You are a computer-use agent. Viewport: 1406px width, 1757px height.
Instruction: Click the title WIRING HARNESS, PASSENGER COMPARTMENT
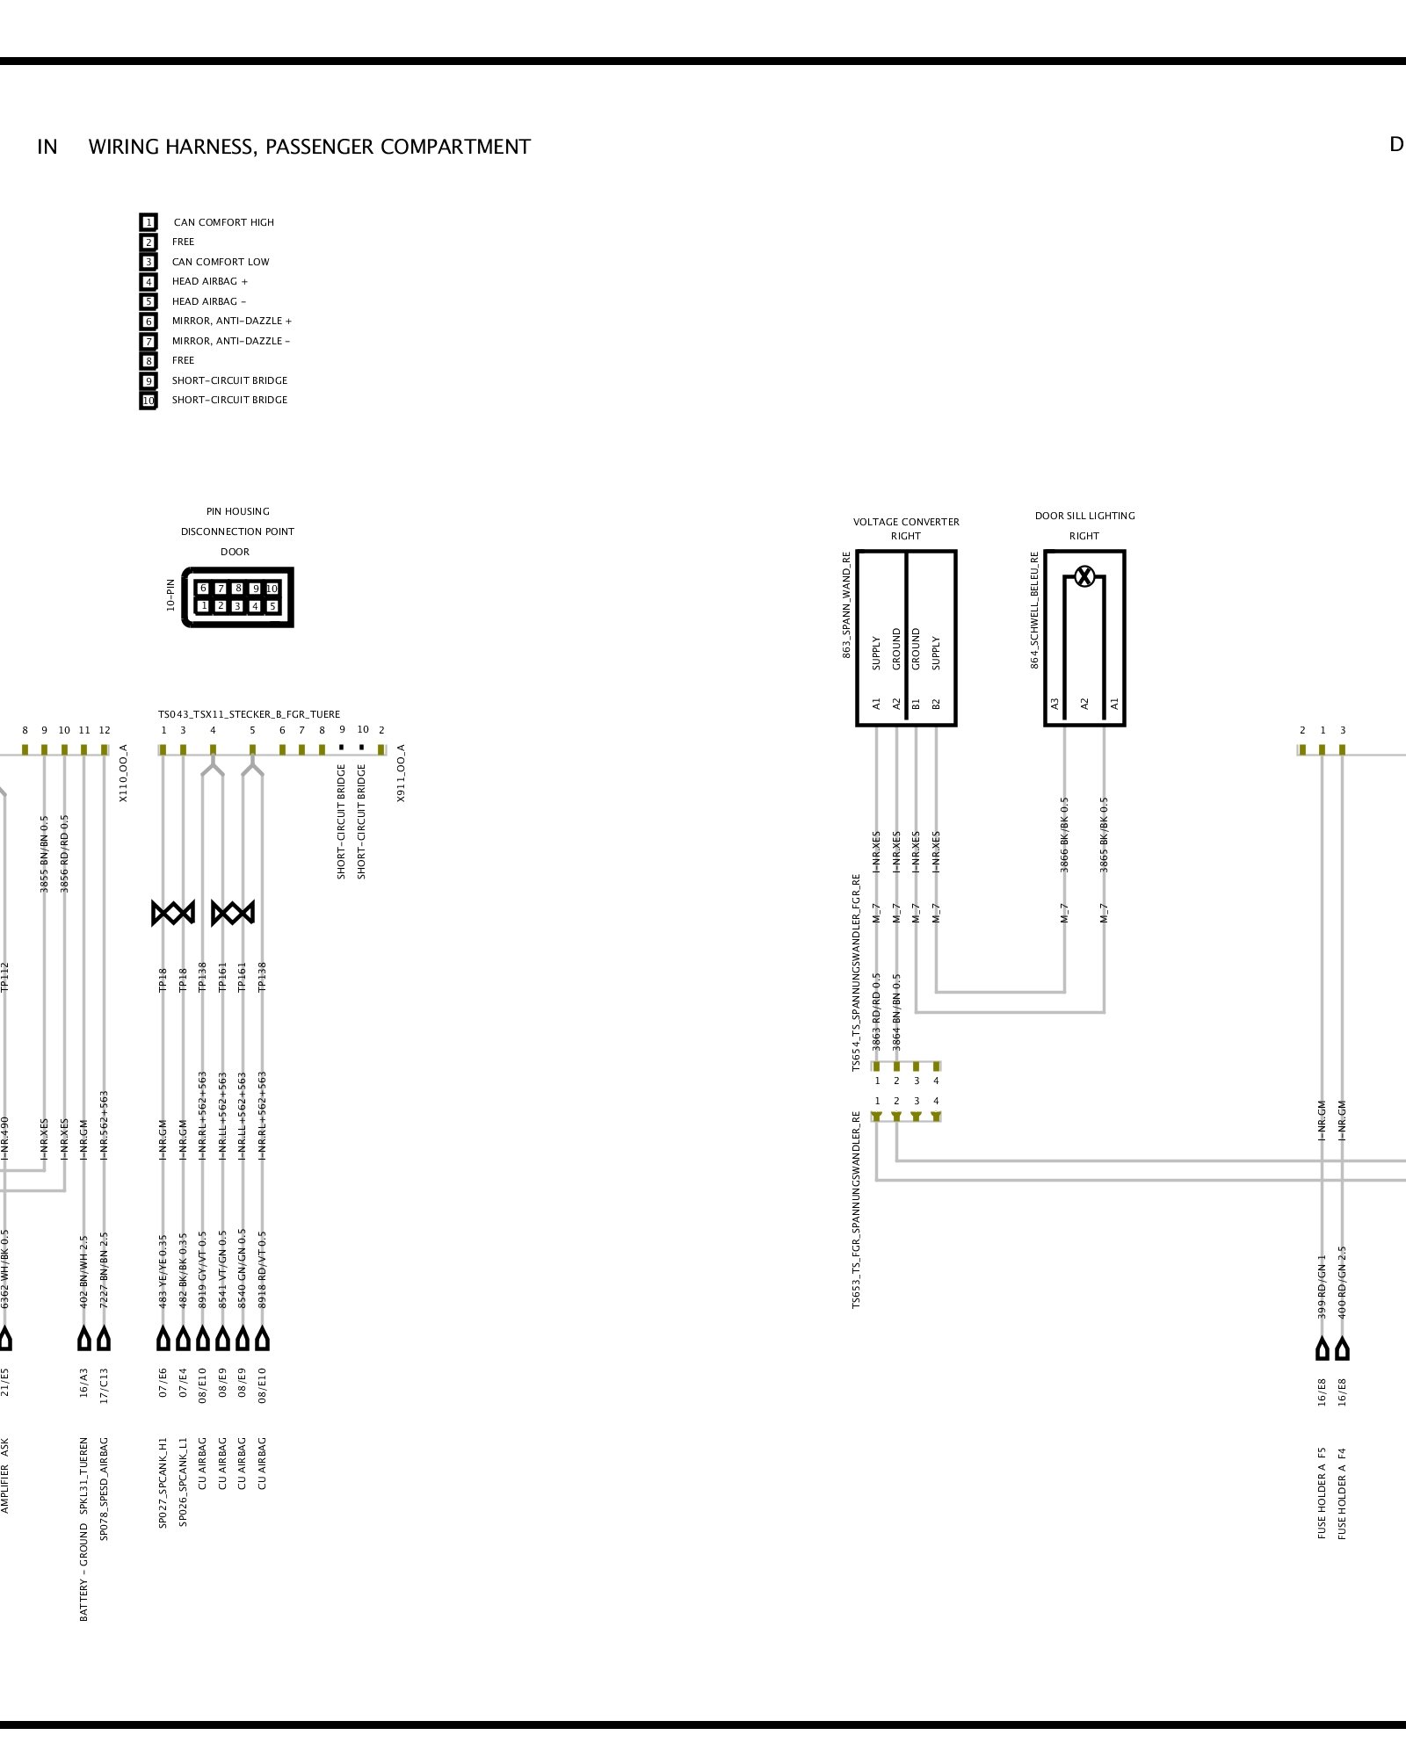(x=309, y=147)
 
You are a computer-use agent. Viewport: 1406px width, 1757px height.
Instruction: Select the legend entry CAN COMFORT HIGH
(x=223, y=222)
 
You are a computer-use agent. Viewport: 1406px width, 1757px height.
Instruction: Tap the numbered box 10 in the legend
(x=149, y=401)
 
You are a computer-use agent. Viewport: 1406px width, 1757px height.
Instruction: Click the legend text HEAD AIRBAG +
(x=209, y=281)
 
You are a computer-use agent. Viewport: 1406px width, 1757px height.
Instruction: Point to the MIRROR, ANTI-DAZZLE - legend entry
(x=230, y=341)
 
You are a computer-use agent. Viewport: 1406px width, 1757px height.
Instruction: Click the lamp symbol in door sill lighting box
(x=1084, y=576)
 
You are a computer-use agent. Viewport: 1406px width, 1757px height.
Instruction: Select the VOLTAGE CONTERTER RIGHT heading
(x=906, y=528)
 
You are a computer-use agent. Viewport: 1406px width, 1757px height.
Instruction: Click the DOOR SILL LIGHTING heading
(x=1084, y=516)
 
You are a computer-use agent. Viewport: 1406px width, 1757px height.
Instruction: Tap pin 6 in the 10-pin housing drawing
(x=203, y=588)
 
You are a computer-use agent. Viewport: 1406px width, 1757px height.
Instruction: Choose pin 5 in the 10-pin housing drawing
(x=272, y=605)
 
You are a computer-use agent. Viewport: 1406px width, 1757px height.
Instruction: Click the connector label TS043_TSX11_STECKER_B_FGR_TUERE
(x=249, y=714)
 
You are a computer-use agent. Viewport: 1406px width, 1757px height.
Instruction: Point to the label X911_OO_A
(x=401, y=773)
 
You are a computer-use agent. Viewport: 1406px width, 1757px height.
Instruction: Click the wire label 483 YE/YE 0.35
(x=163, y=1270)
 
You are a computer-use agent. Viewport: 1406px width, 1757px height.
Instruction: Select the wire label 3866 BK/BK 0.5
(x=1064, y=835)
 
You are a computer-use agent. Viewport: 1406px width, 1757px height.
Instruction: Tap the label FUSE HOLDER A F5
(x=1322, y=1493)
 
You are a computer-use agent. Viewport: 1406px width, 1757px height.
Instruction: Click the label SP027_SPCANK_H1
(x=163, y=1482)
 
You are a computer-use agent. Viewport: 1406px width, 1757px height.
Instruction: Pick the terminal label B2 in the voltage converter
(x=936, y=704)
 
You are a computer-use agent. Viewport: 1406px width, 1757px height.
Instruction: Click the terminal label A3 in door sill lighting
(x=1055, y=704)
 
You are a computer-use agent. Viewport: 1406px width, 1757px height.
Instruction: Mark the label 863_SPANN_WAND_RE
(x=846, y=604)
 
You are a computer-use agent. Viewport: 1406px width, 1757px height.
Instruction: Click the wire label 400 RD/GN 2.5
(x=1342, y=1283)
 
